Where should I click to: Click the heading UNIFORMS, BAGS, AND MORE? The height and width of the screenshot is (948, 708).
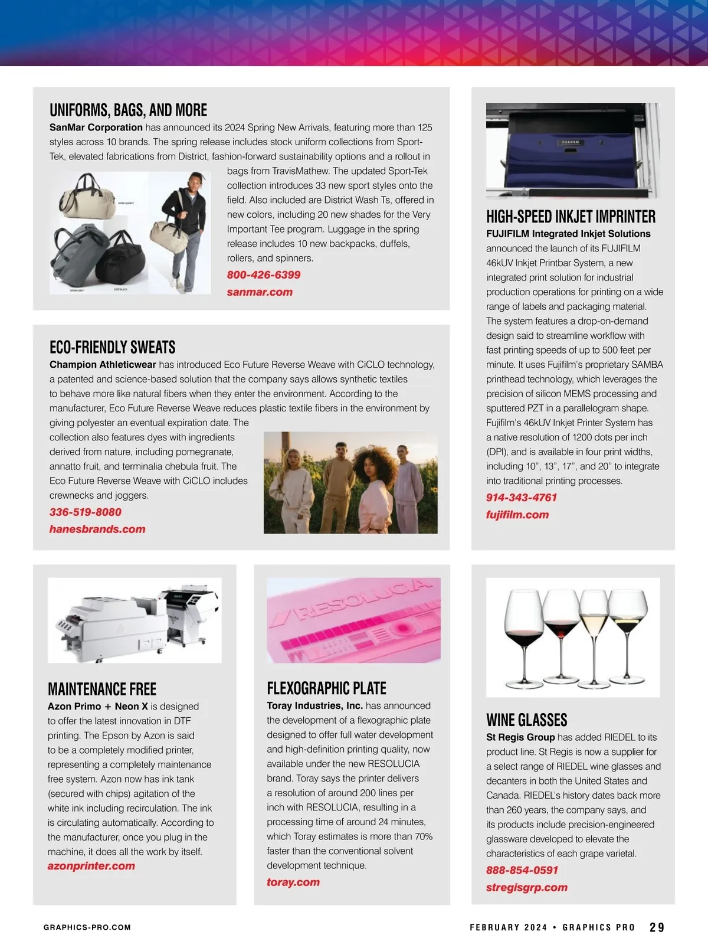[x=128, y=110]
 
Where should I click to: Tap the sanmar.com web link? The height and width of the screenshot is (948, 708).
[x=260, y=292]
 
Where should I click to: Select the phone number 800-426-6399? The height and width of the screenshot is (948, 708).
[x=264, y=275]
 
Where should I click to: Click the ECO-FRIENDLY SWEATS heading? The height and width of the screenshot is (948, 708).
[x=112, y=347]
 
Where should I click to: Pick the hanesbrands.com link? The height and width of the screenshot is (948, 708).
[x=97, y=529]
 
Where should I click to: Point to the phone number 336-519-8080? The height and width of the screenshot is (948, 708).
[x=86, y=512]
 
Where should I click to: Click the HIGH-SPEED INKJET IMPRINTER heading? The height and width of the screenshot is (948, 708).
[x=571, y=217]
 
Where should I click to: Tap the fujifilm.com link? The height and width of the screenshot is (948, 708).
[x=517, y=515]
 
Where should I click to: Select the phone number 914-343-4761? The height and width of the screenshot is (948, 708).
[x=522, y=498]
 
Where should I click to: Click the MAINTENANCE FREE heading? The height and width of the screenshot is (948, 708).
[x=102, y=689]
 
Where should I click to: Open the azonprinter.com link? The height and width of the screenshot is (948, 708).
[x=91, y=866]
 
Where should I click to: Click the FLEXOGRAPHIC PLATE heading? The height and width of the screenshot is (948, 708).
[x=326, y=688]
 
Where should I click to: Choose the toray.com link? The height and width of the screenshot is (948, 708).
[x=293, y=882]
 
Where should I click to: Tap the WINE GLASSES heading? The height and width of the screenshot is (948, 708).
[x=526, y=720]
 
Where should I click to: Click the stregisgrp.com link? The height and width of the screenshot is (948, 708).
[x=527, y=888]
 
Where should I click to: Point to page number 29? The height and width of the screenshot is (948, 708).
[x=657, y=927]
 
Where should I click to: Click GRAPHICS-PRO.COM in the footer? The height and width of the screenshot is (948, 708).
[x=87, y=927]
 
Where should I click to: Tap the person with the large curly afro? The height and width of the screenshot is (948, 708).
[x=375, y=478]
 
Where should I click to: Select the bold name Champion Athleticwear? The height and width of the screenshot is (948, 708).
[x=103, y=365]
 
